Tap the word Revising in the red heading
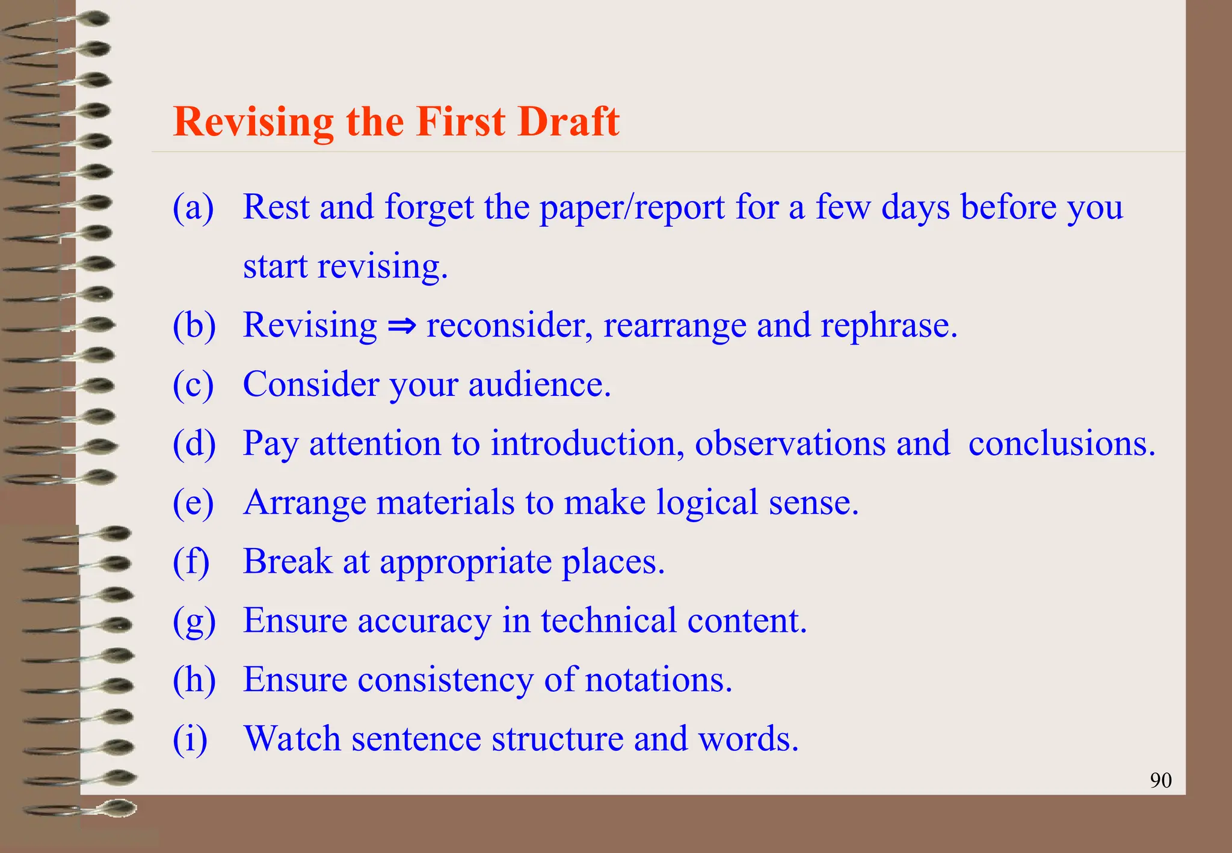(x=253, y=123)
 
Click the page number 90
(x=1160, y=780)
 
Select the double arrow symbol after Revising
(x=402, y=326)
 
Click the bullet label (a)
(x=193, y=208)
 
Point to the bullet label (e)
(x=193, y=503)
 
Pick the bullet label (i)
(x=190, y=739)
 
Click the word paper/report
(x=632, y=208)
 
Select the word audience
(x=540, y=384)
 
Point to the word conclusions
(x=1062, y=443)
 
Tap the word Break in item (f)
(x=288, y=561)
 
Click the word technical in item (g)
(x=609, y=620)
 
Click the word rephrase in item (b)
(x=889, y=326)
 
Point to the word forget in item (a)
(x=429, y=208)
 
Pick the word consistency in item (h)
(x=445, y=680)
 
